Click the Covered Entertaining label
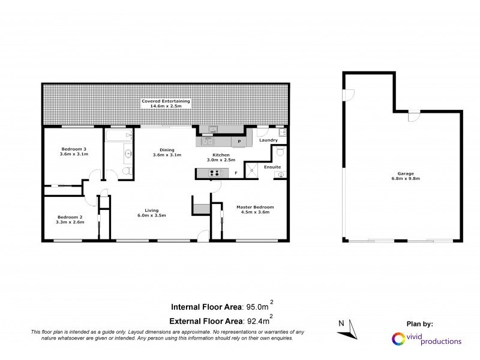166,101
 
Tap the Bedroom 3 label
74,149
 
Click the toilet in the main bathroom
127,172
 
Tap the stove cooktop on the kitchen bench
214,173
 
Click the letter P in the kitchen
239,142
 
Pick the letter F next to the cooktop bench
236,173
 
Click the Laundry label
268,140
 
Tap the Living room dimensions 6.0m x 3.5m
151,215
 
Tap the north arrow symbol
351,329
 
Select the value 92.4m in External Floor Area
256,320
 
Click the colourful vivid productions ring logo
397,339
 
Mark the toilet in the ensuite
281,175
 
